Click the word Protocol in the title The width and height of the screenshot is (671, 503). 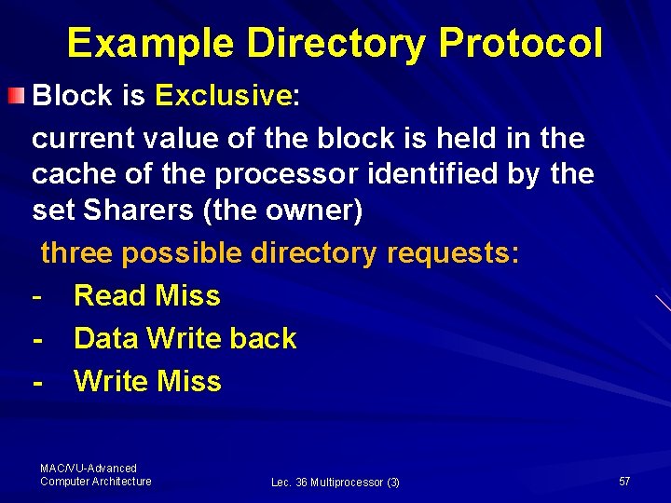520,43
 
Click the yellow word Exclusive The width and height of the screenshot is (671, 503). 224,95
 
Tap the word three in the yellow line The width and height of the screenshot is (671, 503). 77,252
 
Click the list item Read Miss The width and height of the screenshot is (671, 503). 147,295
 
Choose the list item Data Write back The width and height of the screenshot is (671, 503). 185,338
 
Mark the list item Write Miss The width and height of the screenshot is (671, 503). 147,381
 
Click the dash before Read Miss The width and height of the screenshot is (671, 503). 37,296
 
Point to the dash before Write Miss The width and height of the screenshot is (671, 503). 37,382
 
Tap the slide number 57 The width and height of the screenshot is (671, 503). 624,481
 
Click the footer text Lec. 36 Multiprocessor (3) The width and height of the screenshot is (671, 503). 335,483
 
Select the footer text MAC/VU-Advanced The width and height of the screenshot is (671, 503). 89,468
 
